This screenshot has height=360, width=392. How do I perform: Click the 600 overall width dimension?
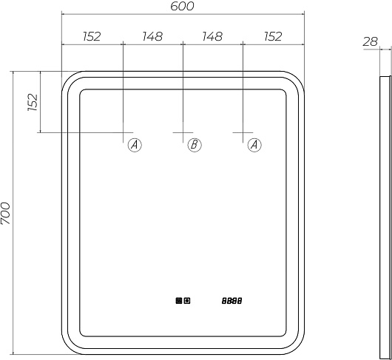tap(182, 6)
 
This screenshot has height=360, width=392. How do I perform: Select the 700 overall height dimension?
tap(5, 213)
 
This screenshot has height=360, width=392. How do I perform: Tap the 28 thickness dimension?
tap(371, 41)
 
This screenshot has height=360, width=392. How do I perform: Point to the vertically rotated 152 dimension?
tap(33, 102)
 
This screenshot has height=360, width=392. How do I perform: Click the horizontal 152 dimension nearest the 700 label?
tap(92, 36)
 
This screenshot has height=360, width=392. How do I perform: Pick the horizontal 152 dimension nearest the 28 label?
tap(273, 36)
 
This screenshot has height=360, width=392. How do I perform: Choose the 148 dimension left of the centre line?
tap(152, 36)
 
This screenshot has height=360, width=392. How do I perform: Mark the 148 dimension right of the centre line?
tap(212, 36)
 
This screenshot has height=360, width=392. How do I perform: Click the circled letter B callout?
tap(195, 145)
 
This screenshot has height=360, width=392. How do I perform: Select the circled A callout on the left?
tap(135, 145)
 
